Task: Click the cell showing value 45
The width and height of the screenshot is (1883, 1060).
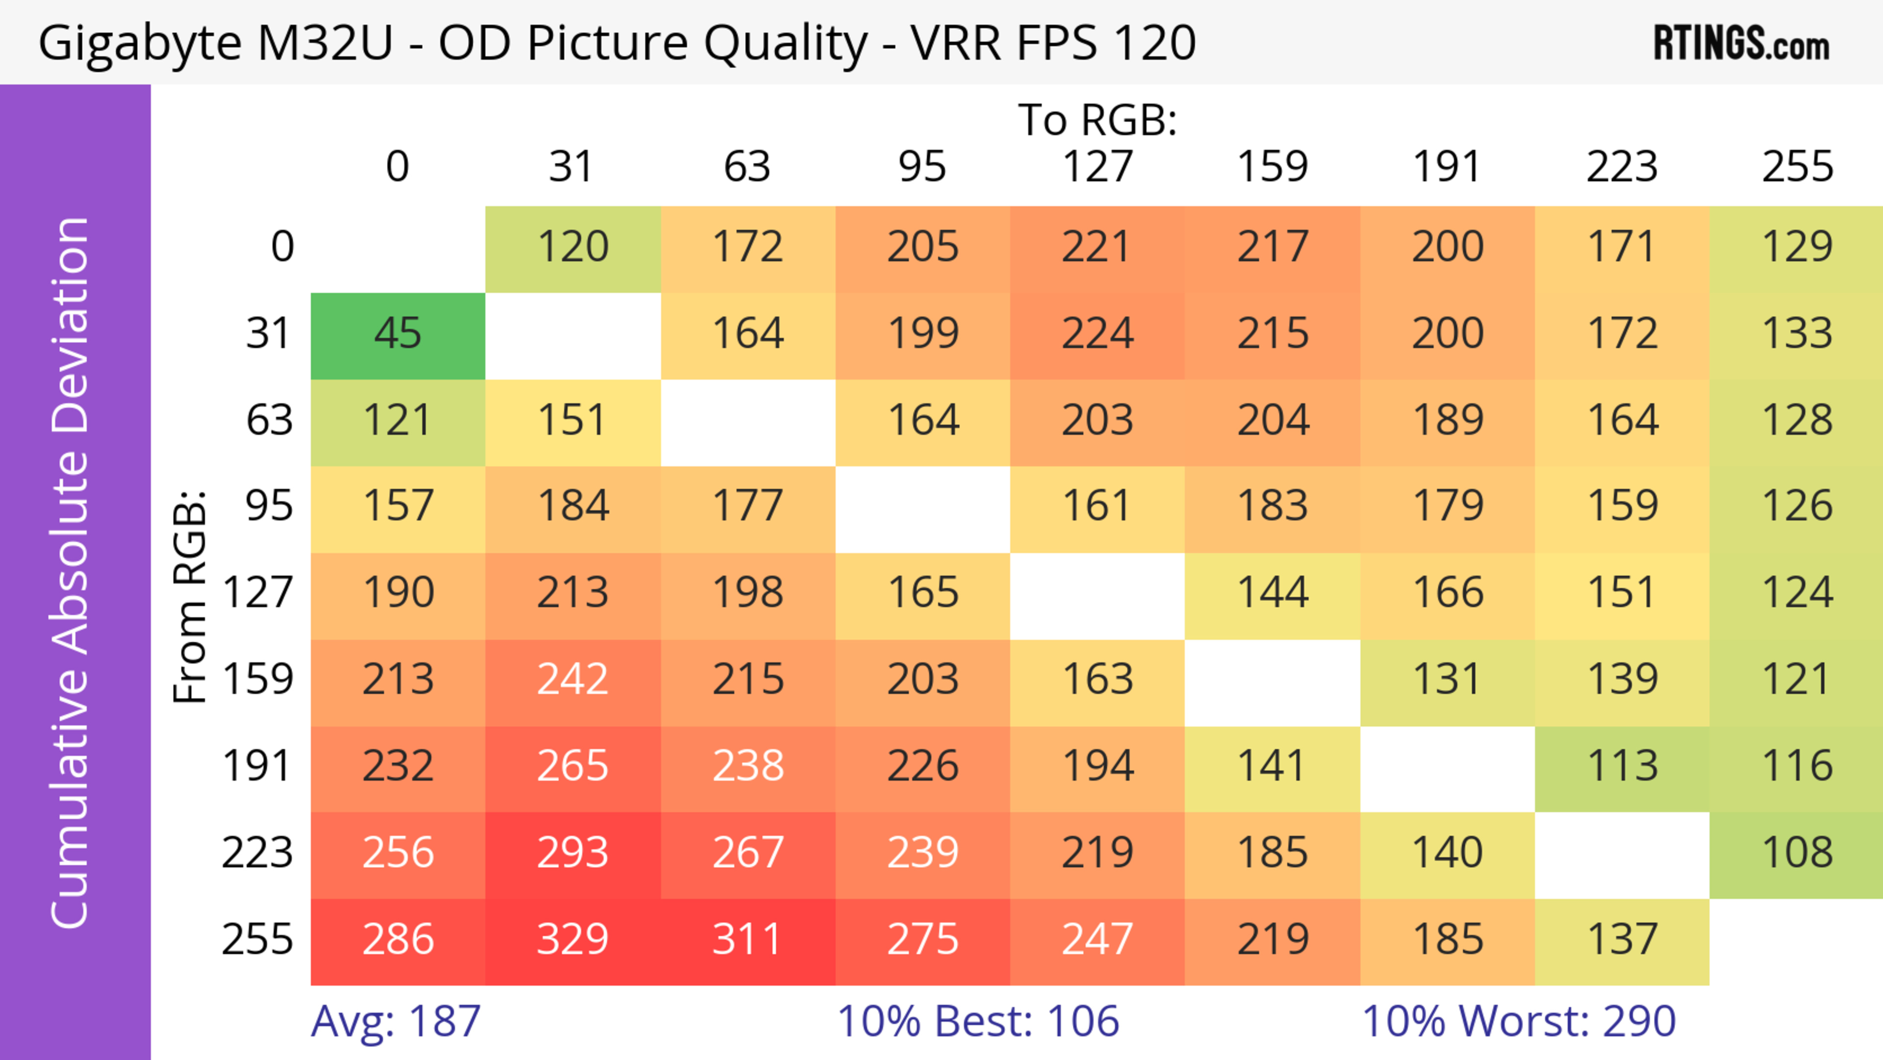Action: [x=398, y=334]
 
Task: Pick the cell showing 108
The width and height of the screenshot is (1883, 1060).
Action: [x=1797, y=853]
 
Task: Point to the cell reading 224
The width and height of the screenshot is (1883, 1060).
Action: [x=1097, y=334]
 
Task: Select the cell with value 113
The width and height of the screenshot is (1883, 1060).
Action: [x=1622, y=766]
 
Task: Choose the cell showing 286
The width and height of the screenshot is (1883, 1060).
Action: [x=398, y=939]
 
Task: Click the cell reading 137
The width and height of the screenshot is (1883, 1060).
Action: [x=1622, y=939]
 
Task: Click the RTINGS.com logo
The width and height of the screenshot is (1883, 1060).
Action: [x=1741, y=44]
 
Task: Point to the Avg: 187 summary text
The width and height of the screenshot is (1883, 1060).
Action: [x=395, y=1021]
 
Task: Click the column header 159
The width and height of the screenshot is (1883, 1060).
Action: [x=1272, y=167]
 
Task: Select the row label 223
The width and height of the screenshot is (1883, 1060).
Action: [x=257, y=853]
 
